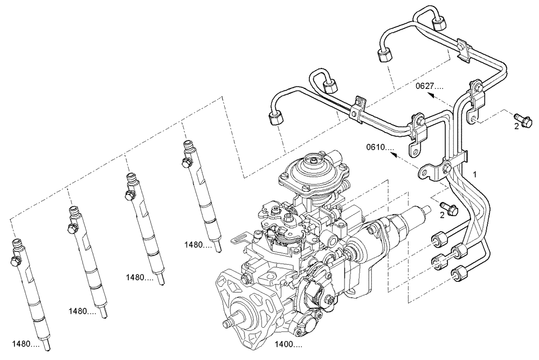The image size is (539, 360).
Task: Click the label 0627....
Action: (x=429, y=86)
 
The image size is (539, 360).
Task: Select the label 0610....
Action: (x=381, y=147)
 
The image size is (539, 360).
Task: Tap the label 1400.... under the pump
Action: (x=288, y=343)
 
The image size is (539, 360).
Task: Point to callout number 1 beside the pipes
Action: (x=475, y=174)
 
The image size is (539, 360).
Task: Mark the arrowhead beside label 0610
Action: (x=394, y=155)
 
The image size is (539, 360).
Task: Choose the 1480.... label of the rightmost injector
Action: (x=198, y=244)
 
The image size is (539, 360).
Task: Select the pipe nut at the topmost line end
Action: (x=440, y=23)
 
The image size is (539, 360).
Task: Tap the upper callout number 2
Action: (x=516, y=126)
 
